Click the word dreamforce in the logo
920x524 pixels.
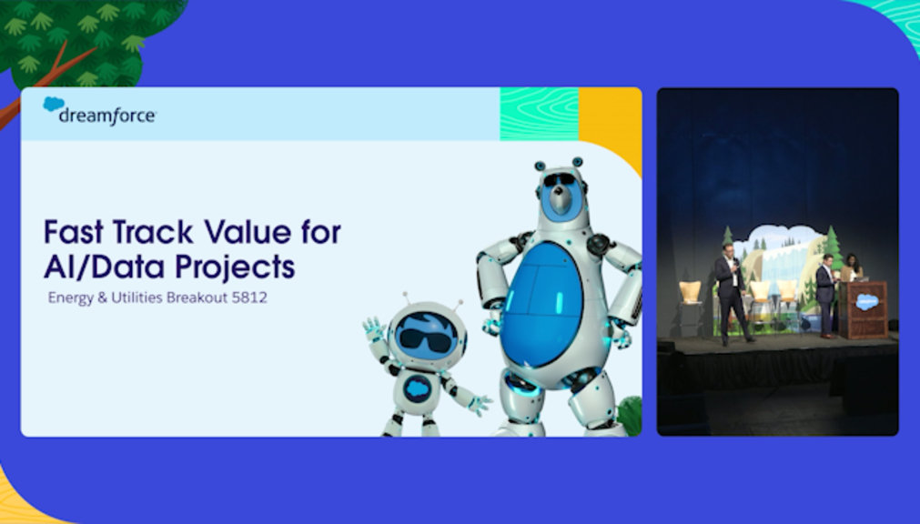(107, 116)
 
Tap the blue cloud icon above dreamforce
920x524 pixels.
(54, 104)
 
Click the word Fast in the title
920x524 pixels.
(74, 232)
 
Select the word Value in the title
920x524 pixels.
(248, 232)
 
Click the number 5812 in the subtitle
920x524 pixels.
(249, 297)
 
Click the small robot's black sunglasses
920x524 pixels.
(425, 339)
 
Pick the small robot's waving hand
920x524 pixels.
(374, 329)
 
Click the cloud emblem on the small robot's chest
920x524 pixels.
(417, 388)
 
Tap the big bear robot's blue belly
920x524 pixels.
(541, 305)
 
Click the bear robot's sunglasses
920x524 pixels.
(559, 179)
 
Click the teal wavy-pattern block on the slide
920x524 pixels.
(540, 114)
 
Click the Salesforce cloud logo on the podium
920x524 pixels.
(867, 302)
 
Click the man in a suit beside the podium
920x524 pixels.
(826, 295)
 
